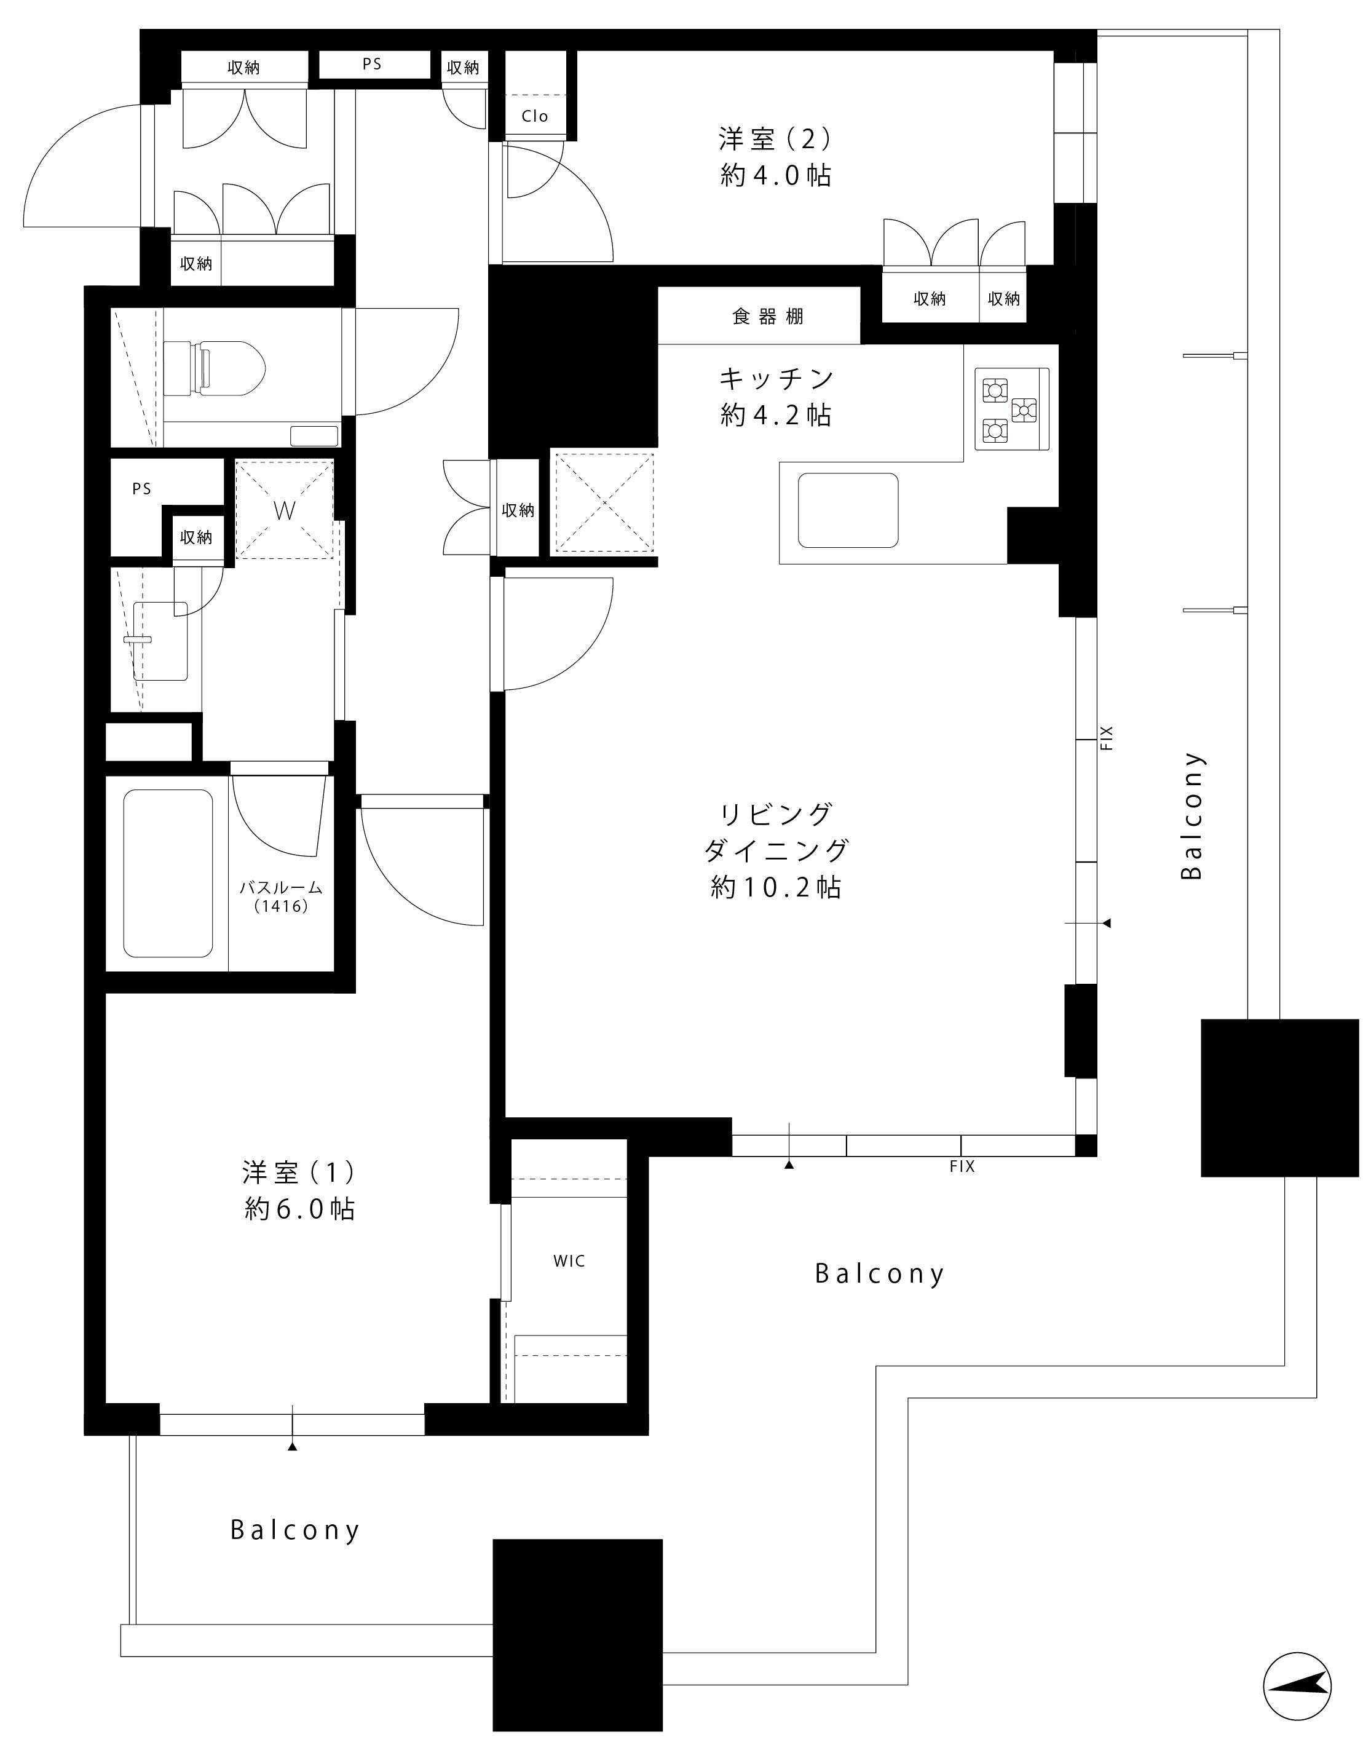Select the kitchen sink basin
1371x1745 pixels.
click(x=848, y=510)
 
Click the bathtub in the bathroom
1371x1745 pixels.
click(x=168, y=873)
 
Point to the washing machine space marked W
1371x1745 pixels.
click(x=284, y=509)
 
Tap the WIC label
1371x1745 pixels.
click(x=569, y=1261)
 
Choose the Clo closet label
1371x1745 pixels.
click(x=535, y=116)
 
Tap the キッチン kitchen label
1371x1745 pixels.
click(x=776, y=378)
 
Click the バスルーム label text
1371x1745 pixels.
click(x=281, y=888)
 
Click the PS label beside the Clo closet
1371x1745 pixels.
click(x=372, y=64)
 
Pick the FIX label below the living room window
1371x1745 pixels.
click(x=962, y=1166)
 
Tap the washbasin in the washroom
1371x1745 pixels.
click(x=160, y=641)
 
